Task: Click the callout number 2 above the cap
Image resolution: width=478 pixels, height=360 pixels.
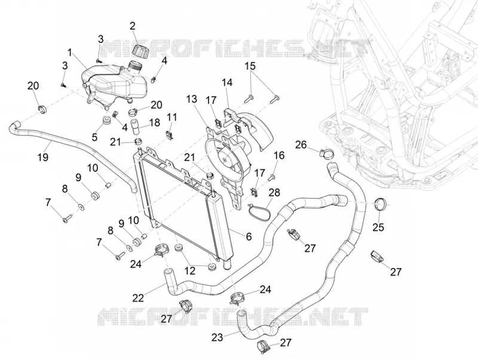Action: tap(132, 26)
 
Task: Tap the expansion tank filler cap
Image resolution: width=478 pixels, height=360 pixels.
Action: tap(140, 50)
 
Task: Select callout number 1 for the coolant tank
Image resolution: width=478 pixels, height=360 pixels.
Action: tap(70, 53)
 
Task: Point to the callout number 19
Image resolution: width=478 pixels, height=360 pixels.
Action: tap(43, 157)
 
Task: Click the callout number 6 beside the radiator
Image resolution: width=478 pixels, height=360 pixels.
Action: tap(249, 236)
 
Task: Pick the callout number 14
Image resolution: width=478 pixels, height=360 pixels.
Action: tap(227, 83)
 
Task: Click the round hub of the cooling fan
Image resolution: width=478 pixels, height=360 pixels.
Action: tap(226, 158)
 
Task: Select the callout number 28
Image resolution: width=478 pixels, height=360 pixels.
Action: tap(274, 193)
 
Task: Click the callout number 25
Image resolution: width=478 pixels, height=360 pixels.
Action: tap(378, 227)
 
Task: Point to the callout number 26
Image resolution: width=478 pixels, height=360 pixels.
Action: tap(301, 145)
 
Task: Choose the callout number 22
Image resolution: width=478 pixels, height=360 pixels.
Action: tap(138, 297)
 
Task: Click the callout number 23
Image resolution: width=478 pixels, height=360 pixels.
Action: tap(217, 337)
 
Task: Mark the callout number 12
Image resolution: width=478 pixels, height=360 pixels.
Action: tap(189, 271)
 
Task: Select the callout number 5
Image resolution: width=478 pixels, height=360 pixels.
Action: tap(94, 137)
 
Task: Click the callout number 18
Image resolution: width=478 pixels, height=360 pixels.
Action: tap(154, 123)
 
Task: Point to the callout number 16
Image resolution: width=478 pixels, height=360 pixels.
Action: tap(279, 155)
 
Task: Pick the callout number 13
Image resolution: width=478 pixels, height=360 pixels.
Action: tap(192, 99)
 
